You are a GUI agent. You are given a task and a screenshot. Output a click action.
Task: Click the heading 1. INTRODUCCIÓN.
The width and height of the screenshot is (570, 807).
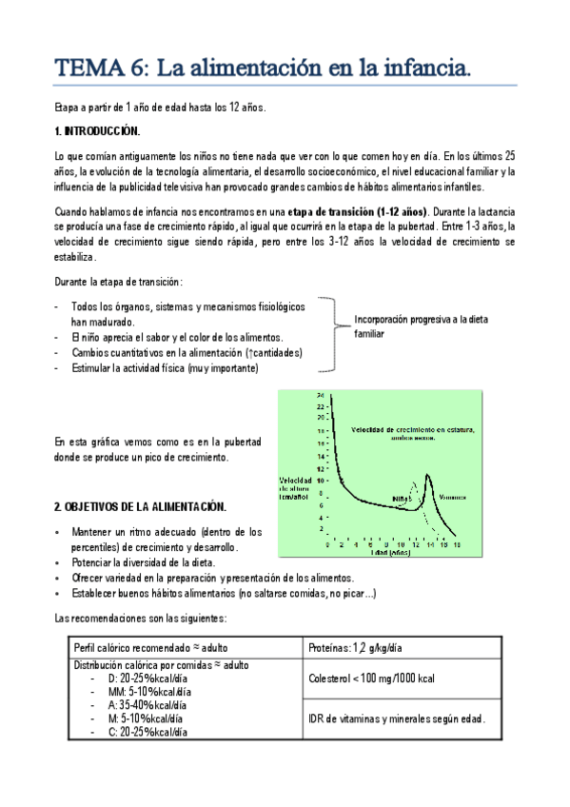(98, 130)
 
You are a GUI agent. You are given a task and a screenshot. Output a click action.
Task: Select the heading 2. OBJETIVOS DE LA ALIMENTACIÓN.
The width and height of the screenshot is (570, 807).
(140, 505)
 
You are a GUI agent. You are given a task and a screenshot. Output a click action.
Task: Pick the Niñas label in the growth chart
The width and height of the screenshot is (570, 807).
(402, 497)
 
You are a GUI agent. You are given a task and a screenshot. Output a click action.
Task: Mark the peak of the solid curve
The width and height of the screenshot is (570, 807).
(428, 474)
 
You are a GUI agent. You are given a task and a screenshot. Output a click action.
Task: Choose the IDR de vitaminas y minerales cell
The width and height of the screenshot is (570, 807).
(397, 718)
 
